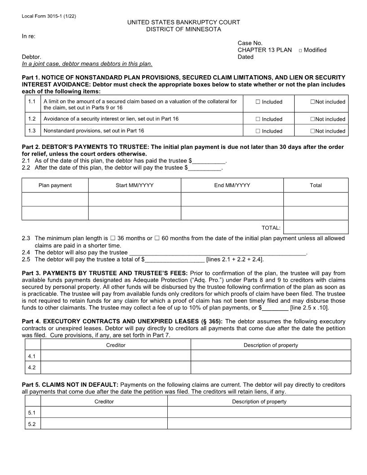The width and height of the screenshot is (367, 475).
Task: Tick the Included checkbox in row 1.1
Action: [258, 102]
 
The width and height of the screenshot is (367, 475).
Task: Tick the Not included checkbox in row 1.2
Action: [312, 119]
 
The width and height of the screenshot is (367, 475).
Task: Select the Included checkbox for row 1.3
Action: [258, 131]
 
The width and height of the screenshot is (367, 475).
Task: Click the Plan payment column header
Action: [55, 185]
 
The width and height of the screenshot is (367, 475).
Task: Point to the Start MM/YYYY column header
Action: [134, 185]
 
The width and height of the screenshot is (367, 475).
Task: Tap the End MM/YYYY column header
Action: [232, 185]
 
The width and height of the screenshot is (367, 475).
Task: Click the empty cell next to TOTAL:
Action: [316, 228]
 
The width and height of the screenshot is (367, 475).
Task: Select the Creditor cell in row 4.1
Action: [116, 356]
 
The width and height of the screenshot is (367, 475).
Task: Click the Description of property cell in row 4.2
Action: [271, 367]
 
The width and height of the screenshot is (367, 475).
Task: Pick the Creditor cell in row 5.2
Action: [104, 424]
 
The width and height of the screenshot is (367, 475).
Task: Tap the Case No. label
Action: [250, 43]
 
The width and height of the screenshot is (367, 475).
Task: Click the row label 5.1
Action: [31, 412]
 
